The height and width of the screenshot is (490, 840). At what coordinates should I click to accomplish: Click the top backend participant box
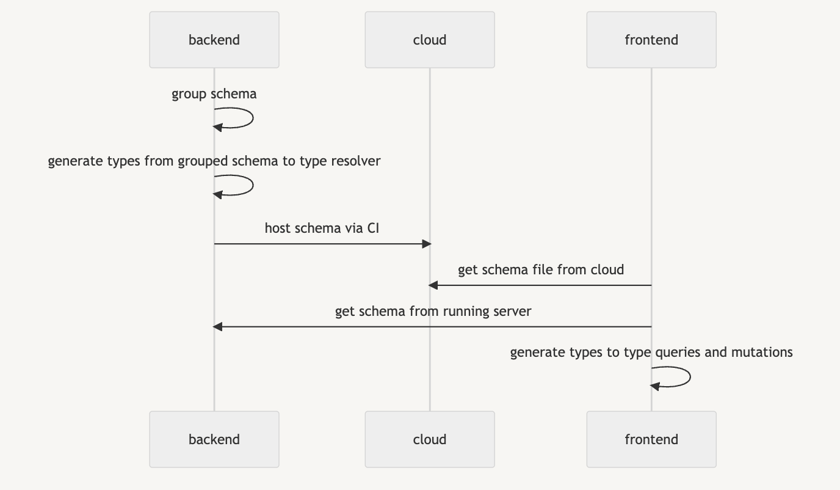[214, 40]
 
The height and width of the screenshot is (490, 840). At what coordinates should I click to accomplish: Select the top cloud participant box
[430, 40]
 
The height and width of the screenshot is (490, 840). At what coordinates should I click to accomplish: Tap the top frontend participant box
[651, 40]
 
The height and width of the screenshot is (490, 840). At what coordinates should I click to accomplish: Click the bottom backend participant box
[214, 439]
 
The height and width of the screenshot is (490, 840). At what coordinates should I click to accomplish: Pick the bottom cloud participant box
[430, 439]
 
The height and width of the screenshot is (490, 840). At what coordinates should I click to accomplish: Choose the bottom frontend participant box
[651, 439]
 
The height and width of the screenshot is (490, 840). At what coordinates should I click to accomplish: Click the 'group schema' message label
[214, 94]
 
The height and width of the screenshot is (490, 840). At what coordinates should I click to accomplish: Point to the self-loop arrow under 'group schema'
[253, 118]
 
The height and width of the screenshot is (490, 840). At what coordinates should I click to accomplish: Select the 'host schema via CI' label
[322, 228]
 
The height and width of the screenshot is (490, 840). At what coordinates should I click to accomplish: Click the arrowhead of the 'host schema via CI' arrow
[427, 244]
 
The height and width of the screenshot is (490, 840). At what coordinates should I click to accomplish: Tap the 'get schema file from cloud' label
[541, 270]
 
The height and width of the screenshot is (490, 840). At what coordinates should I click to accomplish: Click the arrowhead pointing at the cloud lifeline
[433, 285]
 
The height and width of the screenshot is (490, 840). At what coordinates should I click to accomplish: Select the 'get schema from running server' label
[433, 312]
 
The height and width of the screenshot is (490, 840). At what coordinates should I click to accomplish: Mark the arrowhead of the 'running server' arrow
[217, 327]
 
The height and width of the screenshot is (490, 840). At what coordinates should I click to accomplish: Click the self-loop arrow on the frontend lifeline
[690, 377]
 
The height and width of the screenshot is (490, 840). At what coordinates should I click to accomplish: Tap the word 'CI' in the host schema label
[373, 228]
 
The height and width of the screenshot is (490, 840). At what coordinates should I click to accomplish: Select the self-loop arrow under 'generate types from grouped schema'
[253, 185]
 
